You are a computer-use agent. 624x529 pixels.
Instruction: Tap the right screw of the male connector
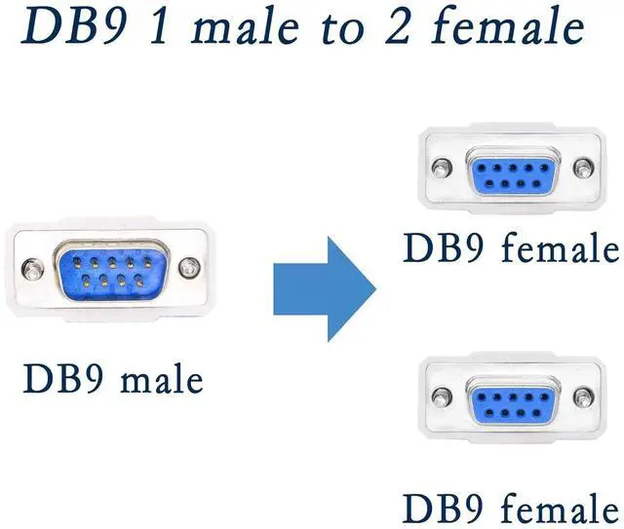tap(192, 265)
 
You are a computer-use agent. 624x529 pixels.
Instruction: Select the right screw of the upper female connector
tap(584, 168)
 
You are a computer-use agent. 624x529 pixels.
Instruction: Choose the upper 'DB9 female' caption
tap(511, 248)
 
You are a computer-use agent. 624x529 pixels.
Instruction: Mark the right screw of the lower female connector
tap(584, 397)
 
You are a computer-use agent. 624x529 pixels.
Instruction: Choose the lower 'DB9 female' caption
tap(511, 507)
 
